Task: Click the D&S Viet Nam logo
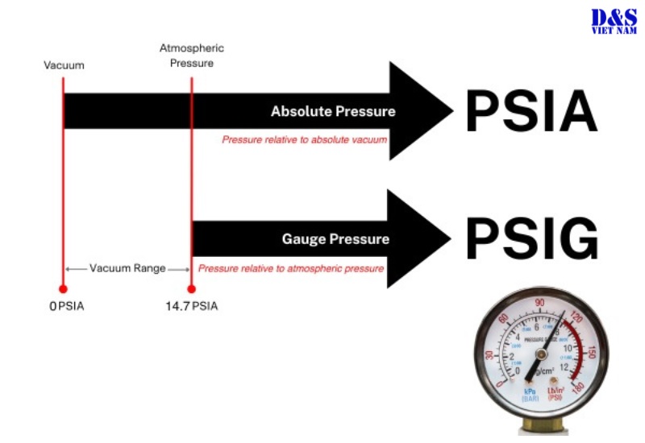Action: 614,20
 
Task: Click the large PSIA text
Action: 531,111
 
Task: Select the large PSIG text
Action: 531,238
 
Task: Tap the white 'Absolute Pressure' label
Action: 333,111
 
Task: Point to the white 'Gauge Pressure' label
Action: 335,239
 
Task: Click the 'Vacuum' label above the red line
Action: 64,64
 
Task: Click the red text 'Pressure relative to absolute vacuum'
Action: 304,139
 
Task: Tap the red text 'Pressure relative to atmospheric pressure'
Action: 291,268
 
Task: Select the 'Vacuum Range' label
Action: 127,268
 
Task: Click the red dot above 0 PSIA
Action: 63,288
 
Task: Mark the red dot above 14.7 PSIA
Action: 192,288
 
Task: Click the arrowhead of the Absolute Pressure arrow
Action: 423,111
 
